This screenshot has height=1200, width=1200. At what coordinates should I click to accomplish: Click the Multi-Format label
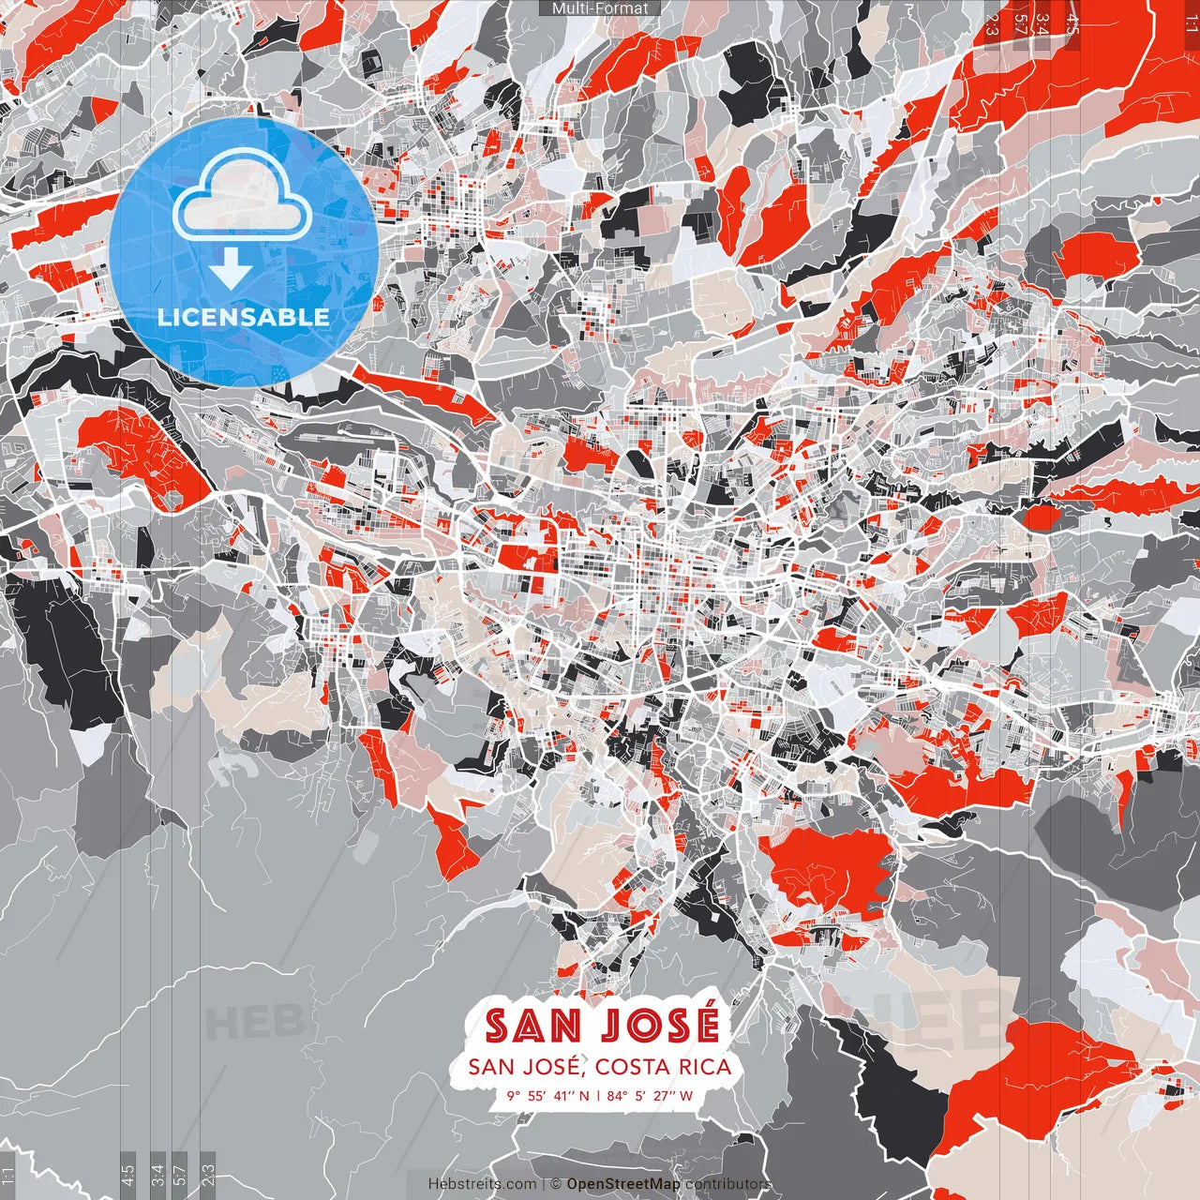click(600, 8)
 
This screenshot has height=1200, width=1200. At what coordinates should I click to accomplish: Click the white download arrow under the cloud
click(231, 271)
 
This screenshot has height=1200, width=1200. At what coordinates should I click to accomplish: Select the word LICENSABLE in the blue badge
click(244, 317)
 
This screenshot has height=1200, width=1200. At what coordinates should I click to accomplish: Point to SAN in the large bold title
click(533, 1025)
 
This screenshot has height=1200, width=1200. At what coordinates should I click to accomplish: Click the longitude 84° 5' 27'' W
click(650, 1095)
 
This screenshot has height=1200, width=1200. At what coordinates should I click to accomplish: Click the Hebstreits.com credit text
click(483, 1184)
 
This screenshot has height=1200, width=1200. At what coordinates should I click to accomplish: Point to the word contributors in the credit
click(727, 1184)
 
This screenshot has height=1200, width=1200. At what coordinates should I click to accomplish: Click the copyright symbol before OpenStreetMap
click(556, 1184)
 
